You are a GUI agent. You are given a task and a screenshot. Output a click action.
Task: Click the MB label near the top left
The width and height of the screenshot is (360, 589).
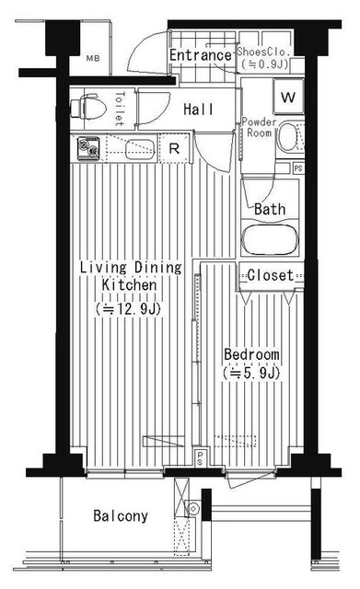[x=93, y=59]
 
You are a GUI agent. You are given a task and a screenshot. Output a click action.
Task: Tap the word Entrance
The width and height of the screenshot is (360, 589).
[x=201, y=55]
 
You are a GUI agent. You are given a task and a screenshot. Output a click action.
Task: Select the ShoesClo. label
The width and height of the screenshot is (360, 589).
[x=264, y=52]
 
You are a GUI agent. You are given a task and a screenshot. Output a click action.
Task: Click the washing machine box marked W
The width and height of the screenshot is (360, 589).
[x=288, y=97]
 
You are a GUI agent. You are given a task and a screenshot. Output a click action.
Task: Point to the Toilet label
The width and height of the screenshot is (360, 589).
[x=120, y=109]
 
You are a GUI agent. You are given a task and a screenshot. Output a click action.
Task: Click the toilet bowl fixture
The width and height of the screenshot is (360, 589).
[x=88, y=109]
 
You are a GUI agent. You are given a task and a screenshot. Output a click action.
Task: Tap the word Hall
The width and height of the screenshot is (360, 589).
[x=198, y=110]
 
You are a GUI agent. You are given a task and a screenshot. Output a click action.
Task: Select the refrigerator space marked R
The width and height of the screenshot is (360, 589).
[x=174, y=149]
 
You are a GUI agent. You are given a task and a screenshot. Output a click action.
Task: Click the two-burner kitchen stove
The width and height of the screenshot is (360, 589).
[x=88, y=148]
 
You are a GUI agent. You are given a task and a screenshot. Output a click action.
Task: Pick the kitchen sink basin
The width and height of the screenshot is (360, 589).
[x=139, y=149]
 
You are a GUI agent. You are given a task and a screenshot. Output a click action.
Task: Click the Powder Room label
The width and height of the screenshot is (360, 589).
[x=259, y=127]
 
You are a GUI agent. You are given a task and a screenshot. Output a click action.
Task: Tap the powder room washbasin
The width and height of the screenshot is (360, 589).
[x=288, y=137]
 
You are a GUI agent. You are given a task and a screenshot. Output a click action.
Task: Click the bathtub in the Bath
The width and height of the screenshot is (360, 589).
[x=270, y=240]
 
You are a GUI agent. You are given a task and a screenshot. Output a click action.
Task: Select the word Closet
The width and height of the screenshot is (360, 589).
[x=270, y=275]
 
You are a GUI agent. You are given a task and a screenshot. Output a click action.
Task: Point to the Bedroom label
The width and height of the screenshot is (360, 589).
[x=251, y=354]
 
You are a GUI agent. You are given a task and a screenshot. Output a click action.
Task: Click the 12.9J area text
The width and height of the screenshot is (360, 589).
[x=128, y=309]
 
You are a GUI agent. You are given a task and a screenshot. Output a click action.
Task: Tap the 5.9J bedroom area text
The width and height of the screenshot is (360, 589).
[x=251, y=373]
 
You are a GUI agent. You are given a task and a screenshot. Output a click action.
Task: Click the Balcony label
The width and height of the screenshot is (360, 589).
[x=121, y=515]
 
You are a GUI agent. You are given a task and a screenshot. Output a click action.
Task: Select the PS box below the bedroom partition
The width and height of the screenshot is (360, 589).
[x=200, y=458]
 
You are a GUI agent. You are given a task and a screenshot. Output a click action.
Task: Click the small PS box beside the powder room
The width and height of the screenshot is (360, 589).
[x=298, y=167]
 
